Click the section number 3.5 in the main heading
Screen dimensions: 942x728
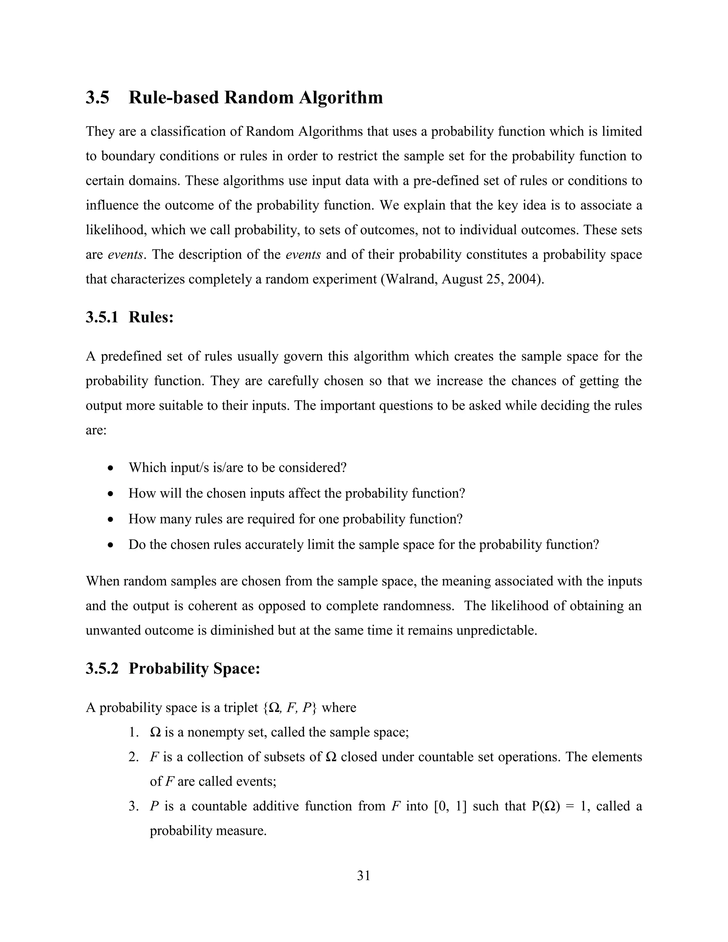tap(97, 97)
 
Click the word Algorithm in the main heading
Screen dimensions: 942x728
tap(340, 97)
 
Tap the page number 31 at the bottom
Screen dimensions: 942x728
tap(364, 876)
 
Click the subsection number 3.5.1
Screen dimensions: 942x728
tap(102, 317)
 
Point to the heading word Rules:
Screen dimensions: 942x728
tap(151, 317)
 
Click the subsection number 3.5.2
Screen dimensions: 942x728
tap(102, 669)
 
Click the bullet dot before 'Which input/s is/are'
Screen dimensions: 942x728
tap(111, 468)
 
